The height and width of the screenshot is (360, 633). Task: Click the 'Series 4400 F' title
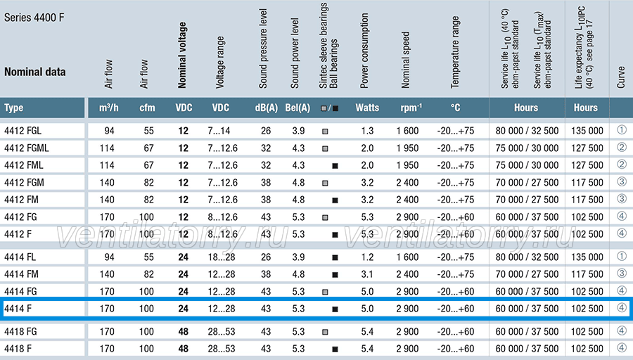[x=34, y=18]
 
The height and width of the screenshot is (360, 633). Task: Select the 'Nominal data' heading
[x=34, y=72]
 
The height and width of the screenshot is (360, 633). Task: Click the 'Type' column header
[x=14, y=108]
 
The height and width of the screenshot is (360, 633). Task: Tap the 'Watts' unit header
[x=367, y=108]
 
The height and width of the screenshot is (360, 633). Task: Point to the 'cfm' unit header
[x=147, y=108]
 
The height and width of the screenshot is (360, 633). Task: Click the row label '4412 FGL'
[x=23, y=131]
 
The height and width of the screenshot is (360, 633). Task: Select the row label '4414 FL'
[x=20, y=257]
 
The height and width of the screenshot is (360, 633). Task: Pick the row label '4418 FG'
[x=20, y=332]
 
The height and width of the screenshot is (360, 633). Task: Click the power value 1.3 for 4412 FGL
[x=367, y=131]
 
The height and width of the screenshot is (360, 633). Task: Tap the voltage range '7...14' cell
[x=219, y=131]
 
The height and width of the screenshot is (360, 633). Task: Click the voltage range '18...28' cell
[x=222, y=257]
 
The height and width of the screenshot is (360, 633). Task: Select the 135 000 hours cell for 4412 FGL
[x=587, y=131]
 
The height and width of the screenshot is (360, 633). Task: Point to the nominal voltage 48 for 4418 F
[x=184, y=349]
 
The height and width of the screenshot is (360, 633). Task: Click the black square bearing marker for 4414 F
[x=335, y=309]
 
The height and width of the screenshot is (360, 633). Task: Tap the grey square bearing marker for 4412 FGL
[x=325, y=131]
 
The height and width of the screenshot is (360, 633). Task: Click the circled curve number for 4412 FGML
[x=622, y=147]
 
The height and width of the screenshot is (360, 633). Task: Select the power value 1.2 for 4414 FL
[x=367, y=257]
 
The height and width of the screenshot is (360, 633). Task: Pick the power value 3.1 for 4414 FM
[x=367, y=274]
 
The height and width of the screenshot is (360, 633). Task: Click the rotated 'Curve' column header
[x=621, y=77]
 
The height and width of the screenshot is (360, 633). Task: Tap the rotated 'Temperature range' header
[x=455, y=52]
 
